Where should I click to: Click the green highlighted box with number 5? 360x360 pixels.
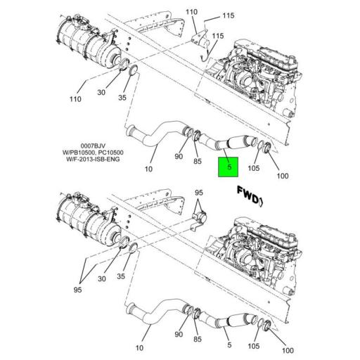click(230, 168)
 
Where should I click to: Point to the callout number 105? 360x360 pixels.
click(254, 168)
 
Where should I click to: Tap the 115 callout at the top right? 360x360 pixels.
click(209, 15)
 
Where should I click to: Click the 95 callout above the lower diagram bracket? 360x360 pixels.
click(199, 193)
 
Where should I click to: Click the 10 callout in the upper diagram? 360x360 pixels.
click(148, 169)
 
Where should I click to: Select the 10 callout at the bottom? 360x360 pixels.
click(140, 347)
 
